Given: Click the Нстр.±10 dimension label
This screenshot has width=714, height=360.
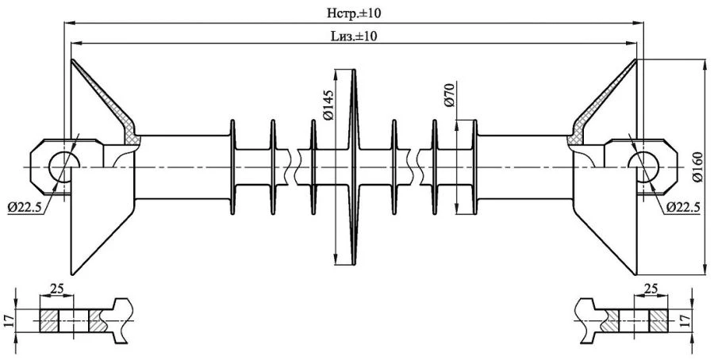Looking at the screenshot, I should [355, 13].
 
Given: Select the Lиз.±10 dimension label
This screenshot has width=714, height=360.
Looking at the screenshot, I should [354, 36].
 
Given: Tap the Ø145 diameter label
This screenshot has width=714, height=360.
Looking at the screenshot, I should [328, 104].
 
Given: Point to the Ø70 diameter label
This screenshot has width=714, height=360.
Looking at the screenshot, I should [447, 94].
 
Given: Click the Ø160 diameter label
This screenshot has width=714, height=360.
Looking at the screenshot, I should [697, 167].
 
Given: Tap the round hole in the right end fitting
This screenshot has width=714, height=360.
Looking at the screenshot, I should [645, 167].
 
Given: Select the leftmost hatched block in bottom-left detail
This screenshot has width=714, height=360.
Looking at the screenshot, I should [49, 320].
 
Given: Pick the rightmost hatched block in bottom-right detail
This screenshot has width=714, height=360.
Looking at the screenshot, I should [659, 320].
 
